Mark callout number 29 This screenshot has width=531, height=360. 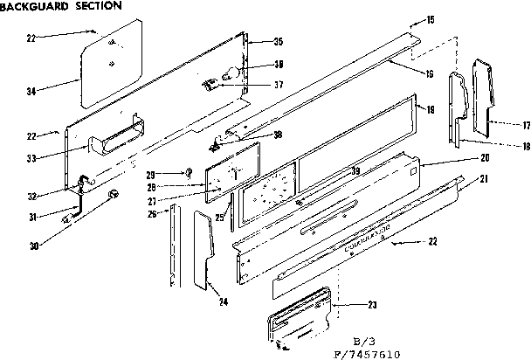tap(175, 174)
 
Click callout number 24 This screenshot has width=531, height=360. tap(224, 302)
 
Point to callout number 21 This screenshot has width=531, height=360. tap(482, 179)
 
